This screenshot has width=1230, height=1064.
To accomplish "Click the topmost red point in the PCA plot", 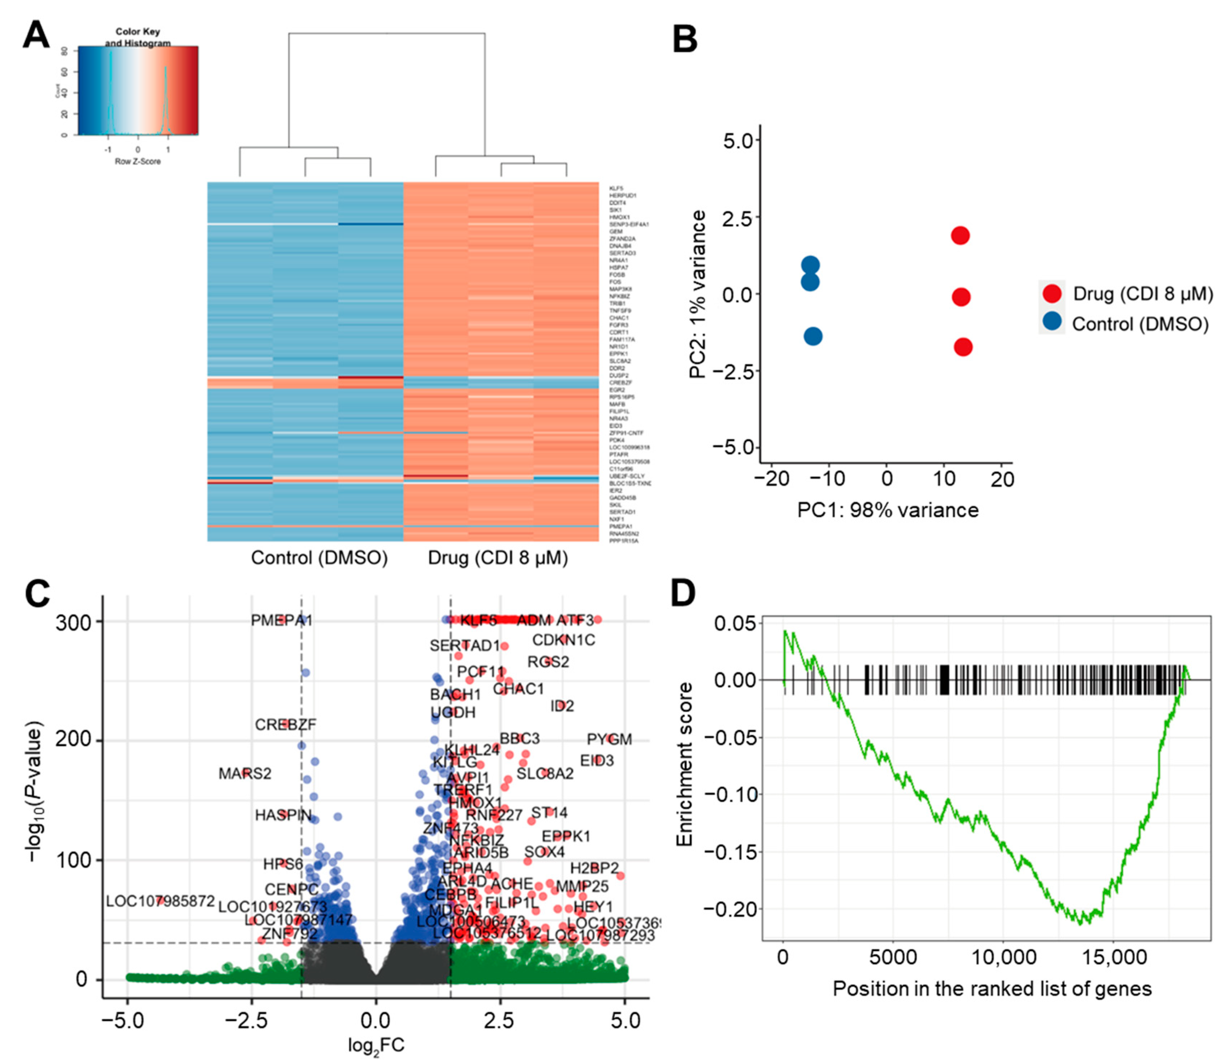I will click(960, 236).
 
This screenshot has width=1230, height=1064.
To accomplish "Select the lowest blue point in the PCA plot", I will click(813, 336).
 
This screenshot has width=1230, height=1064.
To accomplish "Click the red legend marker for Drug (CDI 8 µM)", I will click(1052, 293).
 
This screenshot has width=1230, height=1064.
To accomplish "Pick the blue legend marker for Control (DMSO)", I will click(1052, 322).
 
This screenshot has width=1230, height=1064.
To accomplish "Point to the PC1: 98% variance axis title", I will click(887, 510).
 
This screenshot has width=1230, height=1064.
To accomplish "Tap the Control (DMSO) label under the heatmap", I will click(319, 558).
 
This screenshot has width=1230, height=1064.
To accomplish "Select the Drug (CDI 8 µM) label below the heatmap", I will click(498, 558).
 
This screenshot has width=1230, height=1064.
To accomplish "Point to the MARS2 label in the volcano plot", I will click(245, 773).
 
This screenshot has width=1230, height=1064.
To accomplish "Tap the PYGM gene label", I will click(609, 739).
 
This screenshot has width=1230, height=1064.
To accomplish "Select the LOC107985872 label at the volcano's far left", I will click(160, 901).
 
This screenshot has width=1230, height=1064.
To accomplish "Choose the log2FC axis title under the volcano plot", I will click(376, 1045).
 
